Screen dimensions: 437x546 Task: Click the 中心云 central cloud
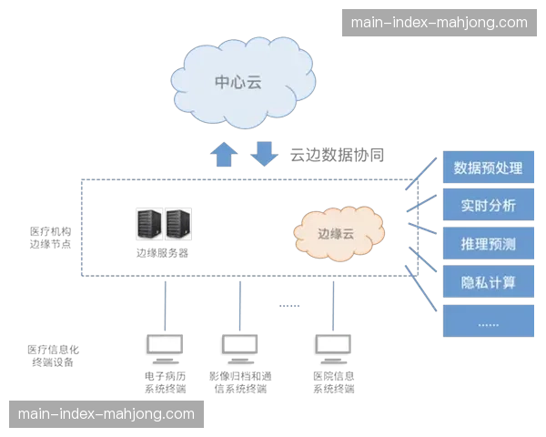tap(238, 83)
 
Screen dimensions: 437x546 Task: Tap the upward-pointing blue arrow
tap(223, 153)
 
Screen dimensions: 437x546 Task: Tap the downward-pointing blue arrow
tap(264, 151)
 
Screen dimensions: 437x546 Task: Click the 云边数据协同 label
tap(338, 156)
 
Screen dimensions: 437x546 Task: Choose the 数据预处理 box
tap(487, 168)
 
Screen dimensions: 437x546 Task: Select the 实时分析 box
tap(487, 206)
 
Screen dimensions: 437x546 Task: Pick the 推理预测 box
tap(487, 244)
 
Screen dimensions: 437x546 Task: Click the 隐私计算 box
tap(487, 282)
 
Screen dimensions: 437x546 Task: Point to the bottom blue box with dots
tap(487, 320)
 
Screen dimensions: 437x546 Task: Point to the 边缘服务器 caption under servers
tap(161, 253)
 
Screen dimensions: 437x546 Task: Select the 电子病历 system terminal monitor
tap(165, 347)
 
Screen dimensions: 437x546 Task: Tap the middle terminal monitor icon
tap(241, 347)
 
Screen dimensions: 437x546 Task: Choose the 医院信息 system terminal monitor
tap(335, 347)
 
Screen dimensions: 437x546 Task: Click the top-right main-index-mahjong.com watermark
tap(439, 23)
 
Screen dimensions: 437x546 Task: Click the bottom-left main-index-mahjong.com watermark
tap(106, 414)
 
